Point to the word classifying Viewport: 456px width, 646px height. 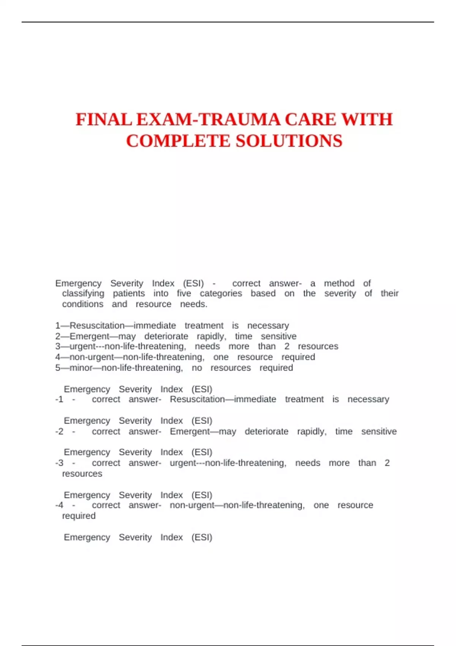click(83, 293)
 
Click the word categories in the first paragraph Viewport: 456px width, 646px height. click(221, 293)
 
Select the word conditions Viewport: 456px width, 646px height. click(82, 304)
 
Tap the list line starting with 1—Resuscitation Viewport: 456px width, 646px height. click(172, 326)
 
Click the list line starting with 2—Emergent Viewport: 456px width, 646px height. click(176, 336)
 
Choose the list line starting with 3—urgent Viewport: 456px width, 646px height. click(196, 347)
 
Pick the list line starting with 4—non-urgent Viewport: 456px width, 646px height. click(185, 357)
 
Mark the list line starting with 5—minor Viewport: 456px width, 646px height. click(174, 368)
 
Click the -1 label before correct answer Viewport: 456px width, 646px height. click(59, 399)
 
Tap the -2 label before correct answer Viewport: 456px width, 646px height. click(59, 432)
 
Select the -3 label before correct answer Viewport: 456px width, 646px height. click(59, 463)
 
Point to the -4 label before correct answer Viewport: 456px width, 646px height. click(59, 505)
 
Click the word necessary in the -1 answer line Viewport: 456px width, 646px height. click(368, 399)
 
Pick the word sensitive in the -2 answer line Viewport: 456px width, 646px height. click(379, 432)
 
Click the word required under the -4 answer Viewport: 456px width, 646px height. click(79, 516)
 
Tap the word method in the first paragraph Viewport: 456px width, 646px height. click(339, 283)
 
